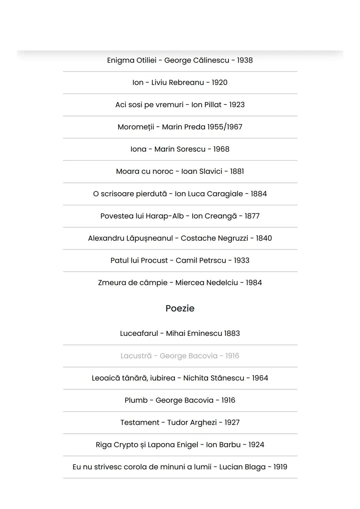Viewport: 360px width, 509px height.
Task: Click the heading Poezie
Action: tap(180, 308)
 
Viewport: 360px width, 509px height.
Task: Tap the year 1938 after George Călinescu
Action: tap(245, 60)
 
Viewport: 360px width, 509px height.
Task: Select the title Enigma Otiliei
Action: tap(132, 60)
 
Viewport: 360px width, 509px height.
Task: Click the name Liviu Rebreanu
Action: tap(177, 82)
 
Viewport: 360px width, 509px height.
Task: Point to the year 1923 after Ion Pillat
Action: tap(237, 105)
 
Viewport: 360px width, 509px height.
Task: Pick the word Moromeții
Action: tap(136, 127)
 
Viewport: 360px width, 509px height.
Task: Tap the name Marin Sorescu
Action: tap(180, 149)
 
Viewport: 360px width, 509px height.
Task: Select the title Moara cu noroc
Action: tap(145, 171)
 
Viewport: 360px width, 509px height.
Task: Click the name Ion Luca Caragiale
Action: tap(209, 194)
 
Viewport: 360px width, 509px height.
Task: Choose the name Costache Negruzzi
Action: tap(214, 238)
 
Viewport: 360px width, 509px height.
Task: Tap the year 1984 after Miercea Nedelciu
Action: tap(254, 283)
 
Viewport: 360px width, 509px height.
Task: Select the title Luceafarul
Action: tap(139, 334)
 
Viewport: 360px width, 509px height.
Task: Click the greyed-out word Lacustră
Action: tap(136, 356)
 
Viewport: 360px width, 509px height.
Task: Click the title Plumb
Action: tap(136, 400)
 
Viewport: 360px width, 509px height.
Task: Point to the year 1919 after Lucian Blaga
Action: tap(280, 467)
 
